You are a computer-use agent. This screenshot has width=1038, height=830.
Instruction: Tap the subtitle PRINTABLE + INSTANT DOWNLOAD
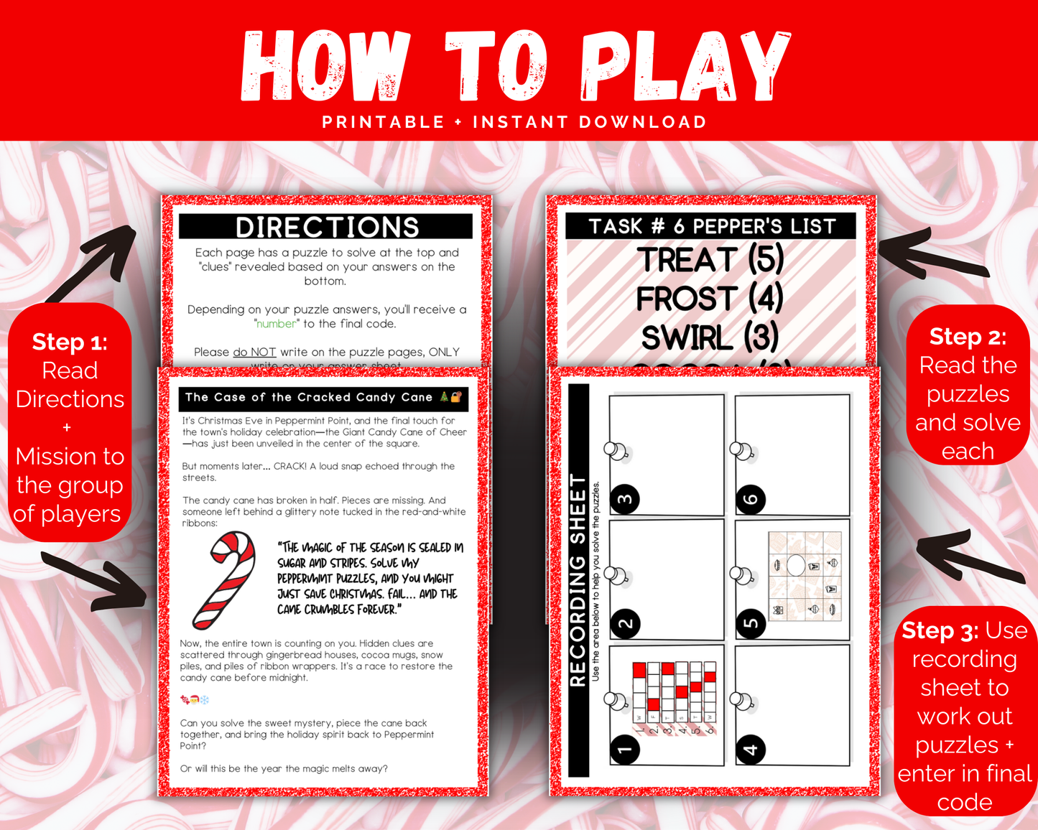click(x=514, y=122)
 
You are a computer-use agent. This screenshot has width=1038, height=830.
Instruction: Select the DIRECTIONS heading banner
click(x=326, y=227)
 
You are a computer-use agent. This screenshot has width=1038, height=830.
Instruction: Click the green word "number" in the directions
click(x=277, y=324)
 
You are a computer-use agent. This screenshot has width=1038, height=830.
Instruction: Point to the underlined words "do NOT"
click(x=254, y=352)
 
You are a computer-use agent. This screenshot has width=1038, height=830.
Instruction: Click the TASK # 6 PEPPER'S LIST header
click(x=711, y=226)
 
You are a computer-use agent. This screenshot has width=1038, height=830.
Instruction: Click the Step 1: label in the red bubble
click(x=70, y=342)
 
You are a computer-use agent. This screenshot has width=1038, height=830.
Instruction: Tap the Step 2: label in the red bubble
click(x=968, y=336)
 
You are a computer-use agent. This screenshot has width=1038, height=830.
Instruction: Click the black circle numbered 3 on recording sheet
click(x=625, y=499)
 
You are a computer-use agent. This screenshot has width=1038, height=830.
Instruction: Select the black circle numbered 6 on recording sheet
click(x=751, y=499)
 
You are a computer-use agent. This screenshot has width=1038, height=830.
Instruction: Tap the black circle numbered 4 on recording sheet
click(x=751, y=750)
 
